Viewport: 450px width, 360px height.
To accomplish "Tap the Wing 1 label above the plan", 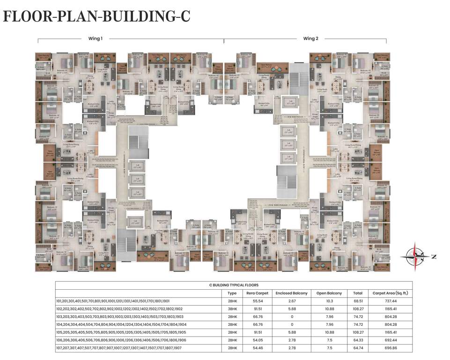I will (x=95, y=38).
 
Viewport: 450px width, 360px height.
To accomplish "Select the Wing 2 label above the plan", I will (x=310, y=38).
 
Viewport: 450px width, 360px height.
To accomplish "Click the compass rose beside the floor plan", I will (x=415, y=256).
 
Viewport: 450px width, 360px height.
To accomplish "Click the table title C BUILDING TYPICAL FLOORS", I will (x=234, y=285).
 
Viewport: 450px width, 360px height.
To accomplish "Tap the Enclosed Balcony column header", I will (x=292, y=293).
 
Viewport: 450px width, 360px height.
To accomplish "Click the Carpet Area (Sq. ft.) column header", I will (x=391, y=293).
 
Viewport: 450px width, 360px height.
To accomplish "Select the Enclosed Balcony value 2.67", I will (x=292, y=301).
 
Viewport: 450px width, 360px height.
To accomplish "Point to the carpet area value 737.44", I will (x=391, y=301).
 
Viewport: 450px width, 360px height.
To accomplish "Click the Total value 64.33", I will (x=358, y=340).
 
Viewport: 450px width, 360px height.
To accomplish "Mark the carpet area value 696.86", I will (x=391, y=348).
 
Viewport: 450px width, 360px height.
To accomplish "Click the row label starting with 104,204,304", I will (x=121, y=324).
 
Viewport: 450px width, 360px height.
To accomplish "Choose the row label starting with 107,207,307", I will (x=119, y=348).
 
